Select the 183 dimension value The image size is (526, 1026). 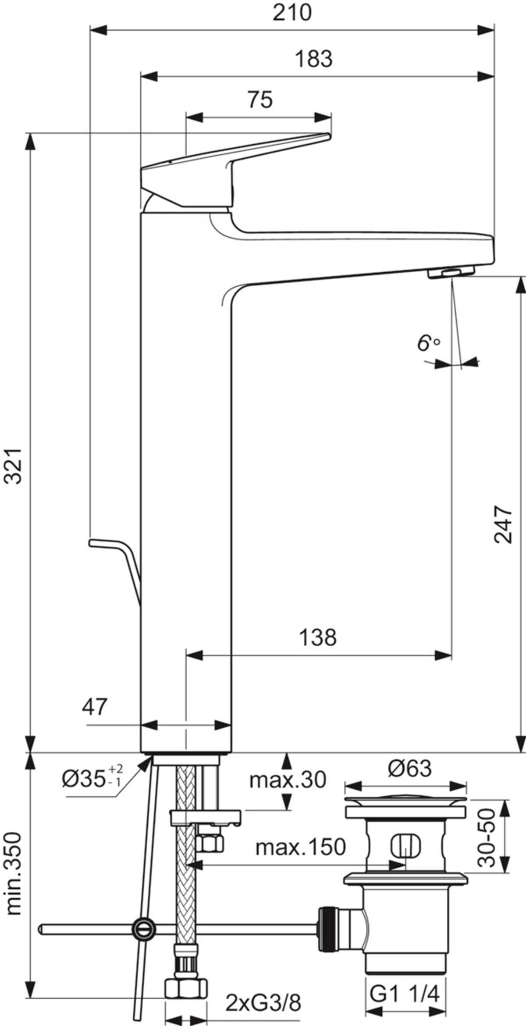[313, 59]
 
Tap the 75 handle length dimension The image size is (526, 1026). [260, 100]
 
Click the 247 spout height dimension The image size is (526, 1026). [503, 525]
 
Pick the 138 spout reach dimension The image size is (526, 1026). [318, 637]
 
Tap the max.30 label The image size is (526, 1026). [288, 780]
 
